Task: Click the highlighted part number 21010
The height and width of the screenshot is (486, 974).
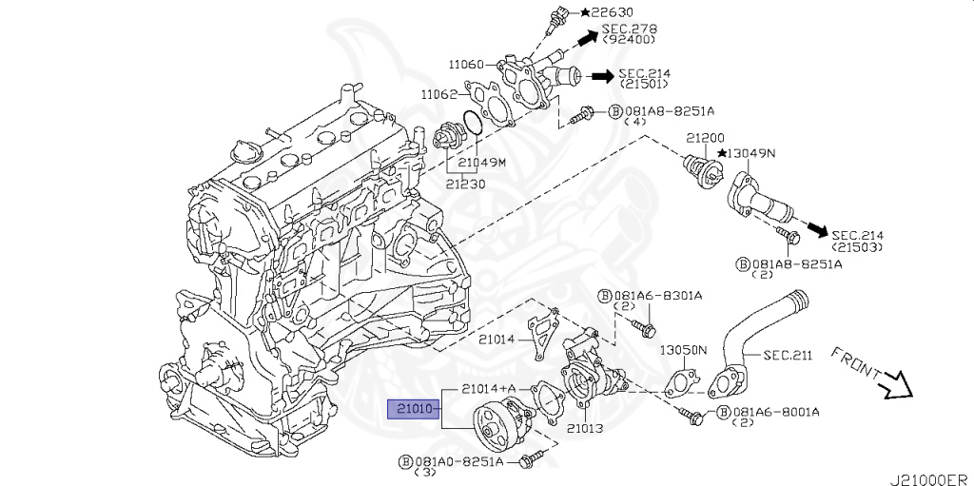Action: click(x=413, y=410)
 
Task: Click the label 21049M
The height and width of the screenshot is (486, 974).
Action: click(x=482, y=163)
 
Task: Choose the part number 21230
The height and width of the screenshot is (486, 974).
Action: click(x=465, y=185)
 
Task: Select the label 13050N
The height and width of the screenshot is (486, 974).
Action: click(x=683, y=350)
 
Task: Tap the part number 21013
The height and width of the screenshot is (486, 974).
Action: click(x=585, y=428)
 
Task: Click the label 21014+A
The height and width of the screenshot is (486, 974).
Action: click(x=490, y=388)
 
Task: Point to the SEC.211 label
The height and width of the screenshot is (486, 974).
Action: click(x=788, y=356)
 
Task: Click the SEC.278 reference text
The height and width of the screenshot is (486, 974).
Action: click(x=630, y=29)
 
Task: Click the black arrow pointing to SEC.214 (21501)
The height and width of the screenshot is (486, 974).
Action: click(x=601, y=76)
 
